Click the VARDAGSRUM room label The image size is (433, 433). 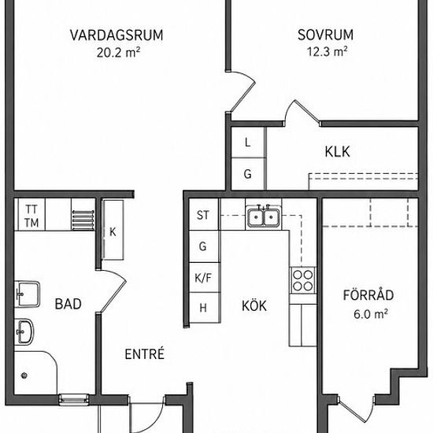click(117, 35)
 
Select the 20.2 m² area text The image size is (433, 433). click(118, 52)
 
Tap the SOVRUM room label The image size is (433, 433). click(326, 35)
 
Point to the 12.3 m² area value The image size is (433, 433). click(328, 51)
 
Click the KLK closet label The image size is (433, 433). click(338, 152)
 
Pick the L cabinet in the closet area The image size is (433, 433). click(248, 142)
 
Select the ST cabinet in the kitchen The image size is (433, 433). click(204, 215)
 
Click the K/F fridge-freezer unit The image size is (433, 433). click(205, 278)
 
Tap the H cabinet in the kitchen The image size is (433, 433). click(205, 307)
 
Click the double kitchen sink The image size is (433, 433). click(264, 216)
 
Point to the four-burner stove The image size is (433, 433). click(303, 280)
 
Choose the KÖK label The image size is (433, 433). click(254, 305)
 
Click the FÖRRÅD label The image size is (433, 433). click(368, 294)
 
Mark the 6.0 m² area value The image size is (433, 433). click(371, 313)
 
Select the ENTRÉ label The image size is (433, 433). click(144, 353)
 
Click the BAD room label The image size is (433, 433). click(68, 304)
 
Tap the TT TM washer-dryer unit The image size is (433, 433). click(31, 214)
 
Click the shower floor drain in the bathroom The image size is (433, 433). click(24, 375)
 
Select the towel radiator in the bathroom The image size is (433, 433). click(83, 220)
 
